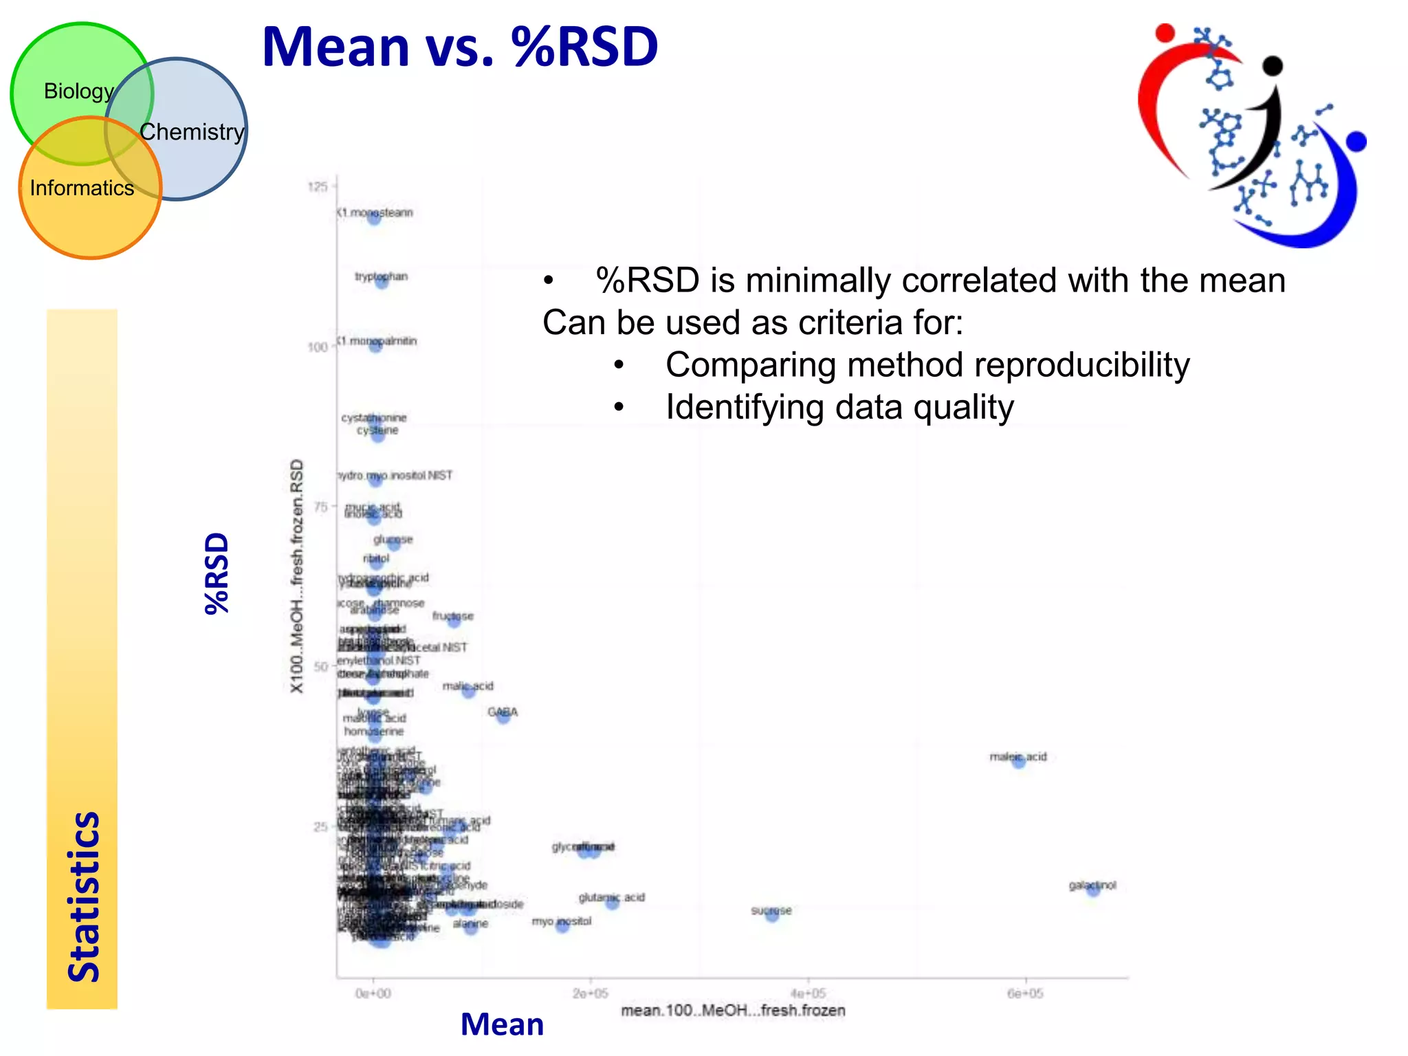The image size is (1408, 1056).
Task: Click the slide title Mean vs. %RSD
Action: coord(459,47)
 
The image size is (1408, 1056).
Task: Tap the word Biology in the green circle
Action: coord(78,91)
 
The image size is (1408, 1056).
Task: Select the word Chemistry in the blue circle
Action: coord(192,132)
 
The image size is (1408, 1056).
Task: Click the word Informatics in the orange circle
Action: coord(82,188)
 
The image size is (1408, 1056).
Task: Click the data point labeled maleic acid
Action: coord(1019,760)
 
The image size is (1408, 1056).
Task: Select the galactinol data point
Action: coord(1093,889)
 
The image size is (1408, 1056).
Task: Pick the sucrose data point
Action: coord(772,914)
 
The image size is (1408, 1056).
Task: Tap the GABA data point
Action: coord(503,716)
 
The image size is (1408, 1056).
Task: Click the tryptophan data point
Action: coord(382,281)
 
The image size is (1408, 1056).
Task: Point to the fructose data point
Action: coord(454,620)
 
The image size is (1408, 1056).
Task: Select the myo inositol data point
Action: coord(562,925)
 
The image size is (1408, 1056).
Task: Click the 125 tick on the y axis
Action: coord(318,187)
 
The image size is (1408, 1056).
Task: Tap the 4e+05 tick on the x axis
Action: coord(808,993)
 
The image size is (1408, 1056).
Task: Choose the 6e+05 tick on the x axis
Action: coord(1025,993)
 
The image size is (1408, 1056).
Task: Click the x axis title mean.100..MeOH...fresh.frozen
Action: coord(733,1011)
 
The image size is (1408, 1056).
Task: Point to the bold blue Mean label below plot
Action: coord(502,1025)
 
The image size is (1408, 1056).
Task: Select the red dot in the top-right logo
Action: coord(1165,32)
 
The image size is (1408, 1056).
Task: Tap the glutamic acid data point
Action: coord(612,902)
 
